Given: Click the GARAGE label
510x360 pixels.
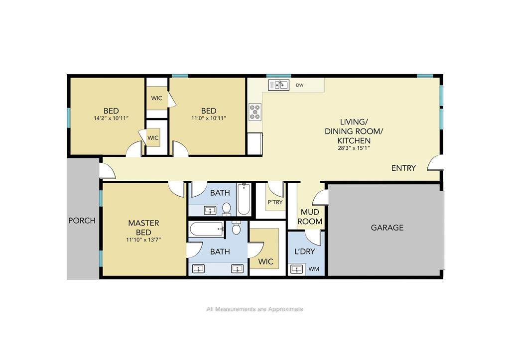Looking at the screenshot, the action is tap(387, 228).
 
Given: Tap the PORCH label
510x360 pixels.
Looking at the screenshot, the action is tap(82, 221).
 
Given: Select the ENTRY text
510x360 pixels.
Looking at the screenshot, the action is tap(403, 168).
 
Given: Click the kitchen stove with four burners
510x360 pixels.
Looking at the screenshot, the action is tap(255, 112).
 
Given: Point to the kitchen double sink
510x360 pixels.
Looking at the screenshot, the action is tap(278, 85).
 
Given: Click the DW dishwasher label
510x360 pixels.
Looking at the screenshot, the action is tap(299, 85).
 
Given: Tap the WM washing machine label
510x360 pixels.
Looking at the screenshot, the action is tap(314, 269).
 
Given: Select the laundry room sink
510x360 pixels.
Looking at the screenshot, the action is tap(297, 269).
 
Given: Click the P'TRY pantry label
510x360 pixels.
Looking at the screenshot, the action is tap(275, 202).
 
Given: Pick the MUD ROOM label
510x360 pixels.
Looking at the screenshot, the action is tap(310, 217).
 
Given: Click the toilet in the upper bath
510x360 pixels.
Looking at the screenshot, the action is tap(227, 209).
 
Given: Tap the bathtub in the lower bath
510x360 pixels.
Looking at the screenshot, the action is tap(206, 229).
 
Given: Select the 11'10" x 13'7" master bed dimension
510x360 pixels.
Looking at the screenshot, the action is tap(144, 240).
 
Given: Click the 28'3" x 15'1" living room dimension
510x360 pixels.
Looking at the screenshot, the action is tap(354, 148).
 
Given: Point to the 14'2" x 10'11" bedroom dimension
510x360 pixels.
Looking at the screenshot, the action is tap(111, 119).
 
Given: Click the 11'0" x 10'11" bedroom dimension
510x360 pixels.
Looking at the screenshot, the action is tap(209, 119).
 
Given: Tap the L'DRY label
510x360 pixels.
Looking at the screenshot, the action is tap(305, 251).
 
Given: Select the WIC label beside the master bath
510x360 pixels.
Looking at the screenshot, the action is tap(266, 261).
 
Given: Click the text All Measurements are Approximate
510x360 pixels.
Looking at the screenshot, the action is tap(255, 309).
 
